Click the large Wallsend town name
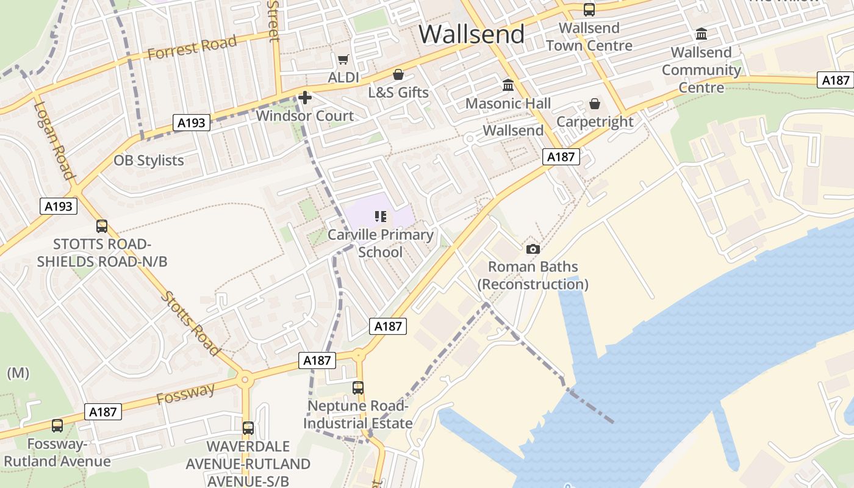tap(472, 34)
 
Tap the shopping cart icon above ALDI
tap(343, 59)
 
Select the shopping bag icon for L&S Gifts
tap(398, 74)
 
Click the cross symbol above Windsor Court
tap(304, 97)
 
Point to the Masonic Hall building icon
tap(508, 85)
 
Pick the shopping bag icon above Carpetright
tap(595, 104)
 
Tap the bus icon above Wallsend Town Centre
tap(589, 10)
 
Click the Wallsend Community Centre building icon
tap(701, 34)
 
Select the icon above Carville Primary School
tap(381, 217)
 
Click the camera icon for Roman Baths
tap(533, 249)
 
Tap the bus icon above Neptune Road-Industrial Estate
tap(358, 387)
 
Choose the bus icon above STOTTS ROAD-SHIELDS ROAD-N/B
tap(102, 226)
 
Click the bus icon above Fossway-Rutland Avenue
tap(57, 425)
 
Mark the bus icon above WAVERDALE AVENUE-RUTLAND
tap(248, 428)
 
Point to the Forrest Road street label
tap(192, 48)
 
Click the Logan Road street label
tap(54, 141)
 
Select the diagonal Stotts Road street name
tap(190, 323)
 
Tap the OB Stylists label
tap(148, 160)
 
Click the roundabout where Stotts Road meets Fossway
tap(245, 379)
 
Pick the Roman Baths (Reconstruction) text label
tap(533, 276)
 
